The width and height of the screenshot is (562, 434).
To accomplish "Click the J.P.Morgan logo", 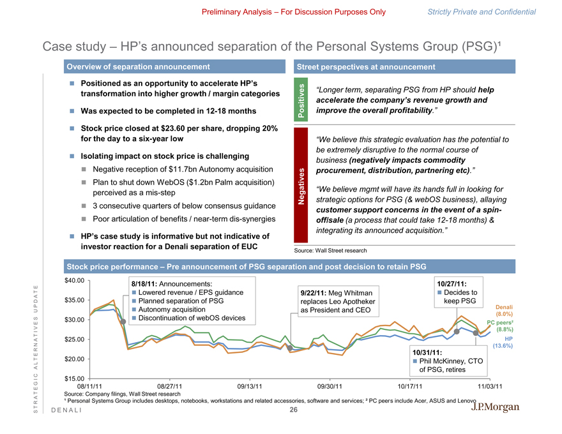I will (496, 407).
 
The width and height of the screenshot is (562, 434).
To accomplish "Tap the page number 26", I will (293, 410).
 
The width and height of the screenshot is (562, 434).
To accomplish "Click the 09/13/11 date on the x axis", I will (250, 386).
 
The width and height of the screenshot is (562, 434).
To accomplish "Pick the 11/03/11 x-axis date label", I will (489, 386).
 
